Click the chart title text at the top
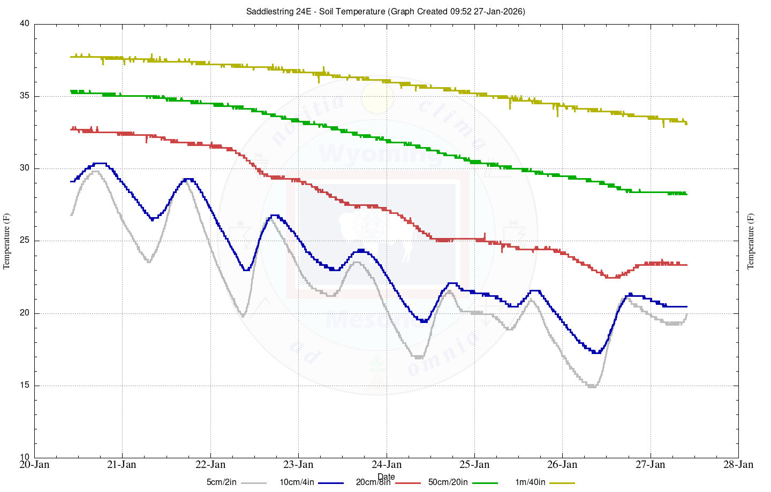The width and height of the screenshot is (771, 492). [x=385, y=11]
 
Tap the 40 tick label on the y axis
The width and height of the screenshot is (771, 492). [x=24, y=24]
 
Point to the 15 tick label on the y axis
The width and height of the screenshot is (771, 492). [x=24, y=386]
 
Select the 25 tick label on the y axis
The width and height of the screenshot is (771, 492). [x=24, y=241]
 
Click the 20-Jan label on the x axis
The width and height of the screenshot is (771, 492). [x=34, y=464]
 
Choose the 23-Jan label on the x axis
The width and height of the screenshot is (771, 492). [x=298, y=464]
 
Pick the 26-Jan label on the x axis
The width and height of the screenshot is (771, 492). [x=562, y=464]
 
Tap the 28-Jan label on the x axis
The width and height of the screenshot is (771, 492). [x=738, y=464]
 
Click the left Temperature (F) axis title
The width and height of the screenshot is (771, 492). [x=7, y=241]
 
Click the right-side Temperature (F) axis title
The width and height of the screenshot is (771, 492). [x=751, y=241]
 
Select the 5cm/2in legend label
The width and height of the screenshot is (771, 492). [x=221, y=482]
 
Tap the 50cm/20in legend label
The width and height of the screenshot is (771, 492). [x=448, y=482]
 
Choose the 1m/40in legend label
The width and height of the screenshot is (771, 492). [x=530, y=482]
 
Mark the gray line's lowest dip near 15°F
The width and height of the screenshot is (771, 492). [x=592, y=386]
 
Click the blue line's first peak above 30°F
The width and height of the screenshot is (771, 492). [x=100, y=163]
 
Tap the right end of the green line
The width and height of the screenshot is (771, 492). [x=686, y=194]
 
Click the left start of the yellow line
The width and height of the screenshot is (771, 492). [x=71, y=57]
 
